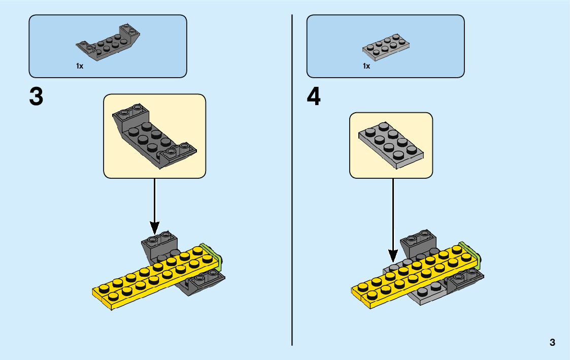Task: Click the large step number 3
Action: point(36,97)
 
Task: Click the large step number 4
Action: point(314,97)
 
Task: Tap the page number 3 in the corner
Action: point(552,342)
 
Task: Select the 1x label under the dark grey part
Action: point(80,66)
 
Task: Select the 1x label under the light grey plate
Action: point(366,66)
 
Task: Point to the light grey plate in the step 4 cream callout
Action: point(391,144)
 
